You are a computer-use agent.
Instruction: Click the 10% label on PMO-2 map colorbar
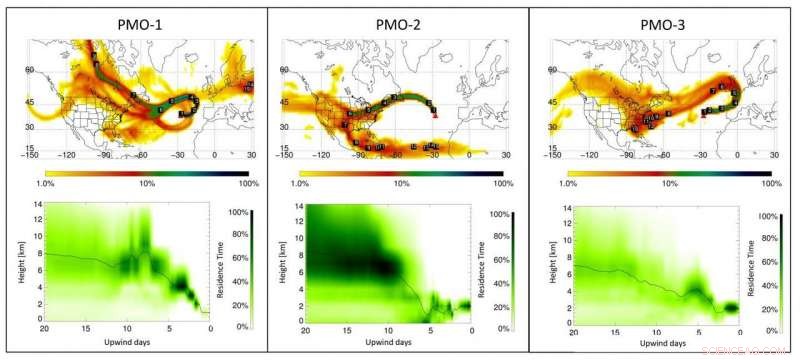tap(401, 184)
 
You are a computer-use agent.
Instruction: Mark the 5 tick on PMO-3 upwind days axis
tap(699, 331)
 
